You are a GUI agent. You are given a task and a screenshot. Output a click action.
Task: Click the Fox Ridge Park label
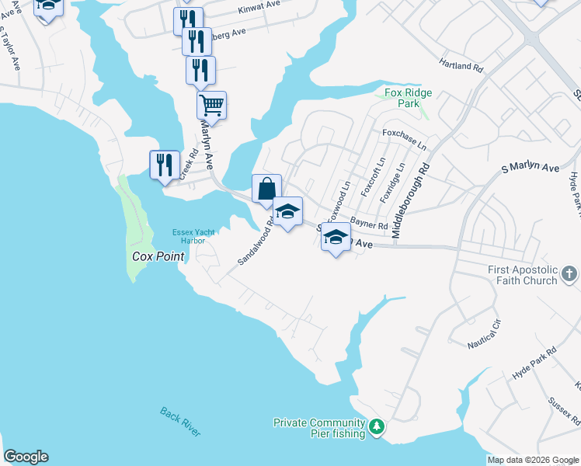tap(408, 98)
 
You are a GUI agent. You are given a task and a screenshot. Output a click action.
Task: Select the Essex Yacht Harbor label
tap(193, 235)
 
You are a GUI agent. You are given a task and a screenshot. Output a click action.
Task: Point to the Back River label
tap(181, 422)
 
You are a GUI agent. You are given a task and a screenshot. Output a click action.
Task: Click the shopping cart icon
tap(211, 104)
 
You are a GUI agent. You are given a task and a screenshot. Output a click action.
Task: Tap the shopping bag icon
tap(266, 188)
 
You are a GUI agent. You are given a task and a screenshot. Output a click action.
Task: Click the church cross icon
tap(569, 274)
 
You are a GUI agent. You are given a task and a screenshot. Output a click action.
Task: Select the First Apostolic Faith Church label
tap(523, 275)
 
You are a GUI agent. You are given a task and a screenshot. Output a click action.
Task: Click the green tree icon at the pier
tap(377, 426)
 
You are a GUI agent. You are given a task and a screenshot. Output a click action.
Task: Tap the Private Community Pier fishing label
tap(319, 428)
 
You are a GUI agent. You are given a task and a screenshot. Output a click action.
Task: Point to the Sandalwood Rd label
tap(256, 242)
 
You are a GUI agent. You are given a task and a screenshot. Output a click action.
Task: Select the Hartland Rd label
tap(461, 67)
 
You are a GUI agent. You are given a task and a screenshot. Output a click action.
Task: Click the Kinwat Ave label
tap(259, 10)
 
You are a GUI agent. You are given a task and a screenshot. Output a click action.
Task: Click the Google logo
tap(26, 457)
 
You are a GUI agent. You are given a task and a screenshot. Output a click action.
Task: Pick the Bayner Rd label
tap(368, 223)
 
